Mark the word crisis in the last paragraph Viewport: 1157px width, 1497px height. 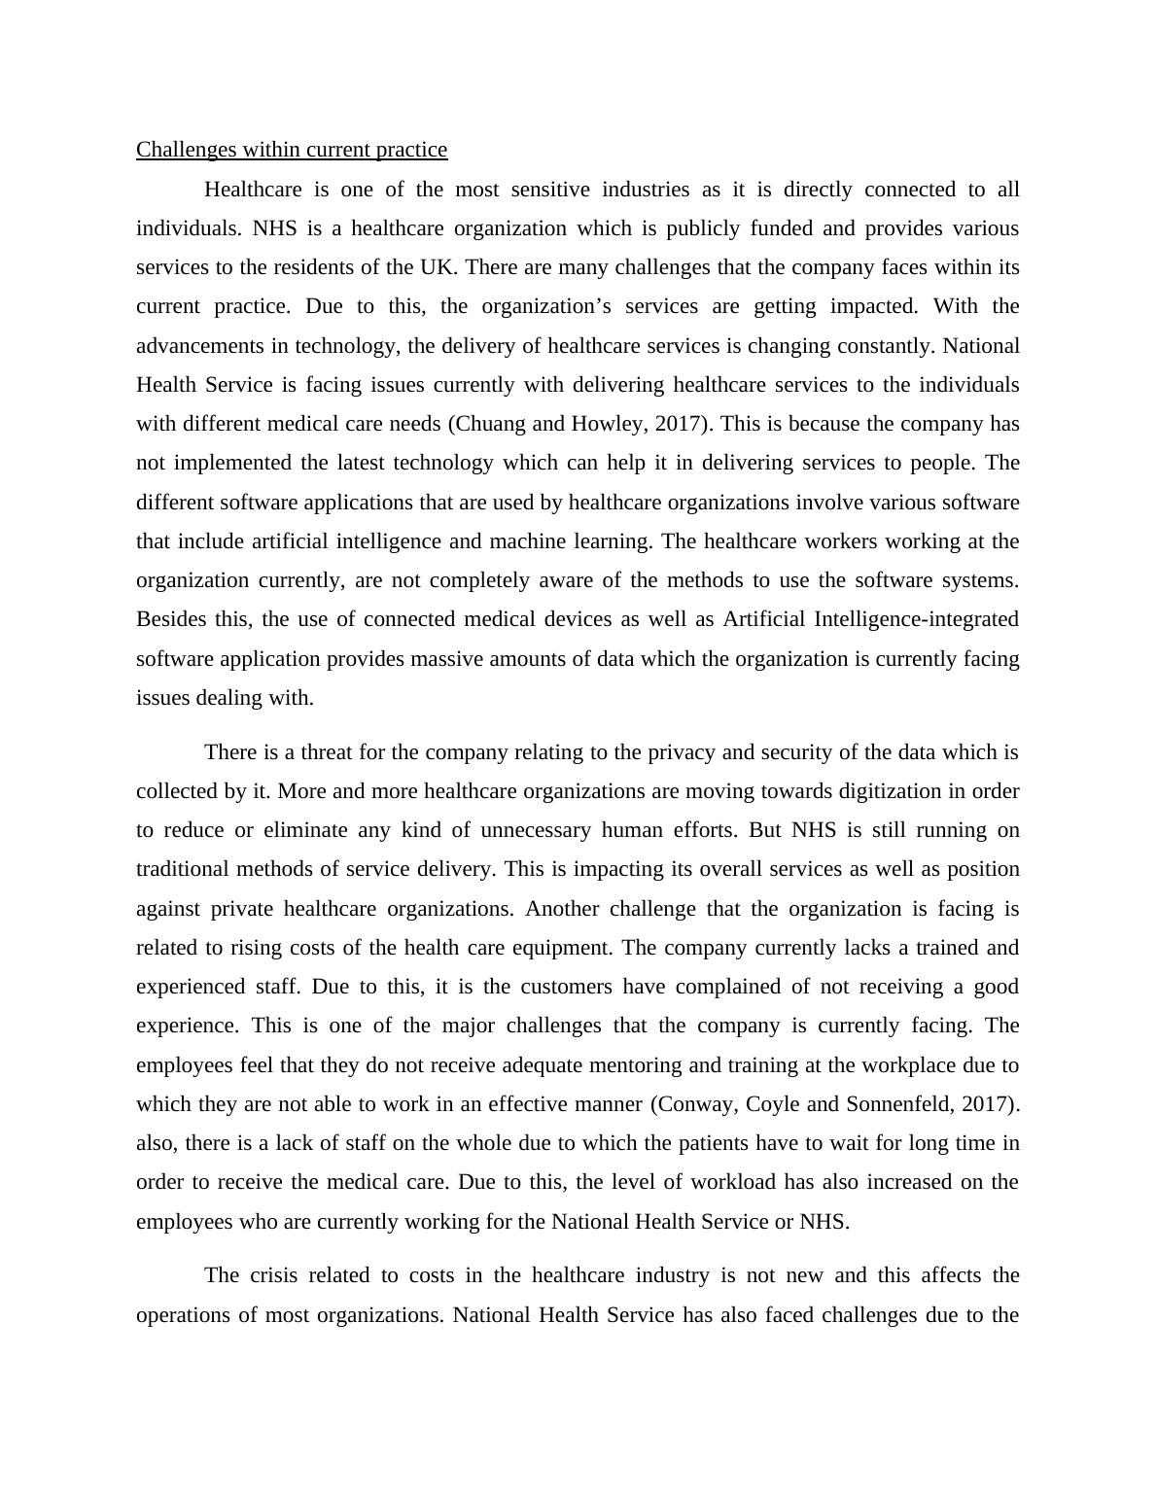pyautogui.click(x=272, y=1275)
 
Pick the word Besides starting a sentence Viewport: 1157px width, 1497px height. pyautogui.click(x=171, y=619)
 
